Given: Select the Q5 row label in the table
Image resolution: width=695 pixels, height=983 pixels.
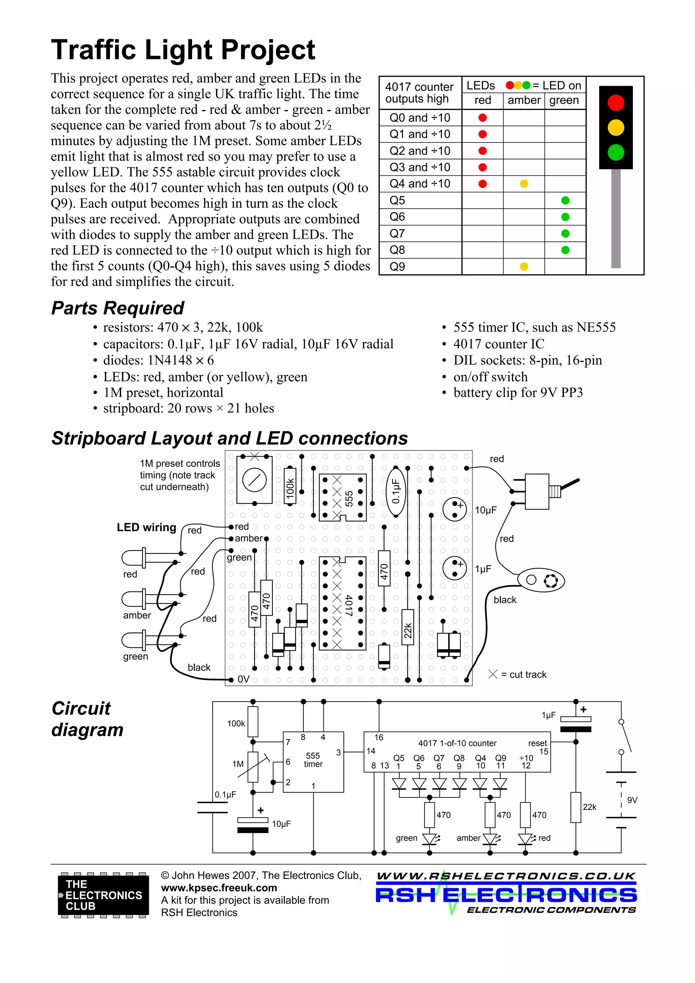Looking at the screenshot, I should click(397, 200).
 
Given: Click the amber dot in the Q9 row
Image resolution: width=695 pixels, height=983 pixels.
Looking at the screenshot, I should click(524, 266).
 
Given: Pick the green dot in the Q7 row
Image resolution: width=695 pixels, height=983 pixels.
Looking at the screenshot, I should click(565, 233).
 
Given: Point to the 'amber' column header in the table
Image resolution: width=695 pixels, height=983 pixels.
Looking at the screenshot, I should click(524, 100).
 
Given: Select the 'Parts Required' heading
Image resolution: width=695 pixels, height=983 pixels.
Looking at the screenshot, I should click(117, 308).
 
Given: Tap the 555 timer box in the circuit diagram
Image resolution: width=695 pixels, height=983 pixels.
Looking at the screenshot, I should click(313, 762).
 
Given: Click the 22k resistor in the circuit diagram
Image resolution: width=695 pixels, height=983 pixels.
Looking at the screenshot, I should click(576, 807).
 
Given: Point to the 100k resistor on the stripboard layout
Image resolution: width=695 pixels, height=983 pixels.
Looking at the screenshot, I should click(290, 486).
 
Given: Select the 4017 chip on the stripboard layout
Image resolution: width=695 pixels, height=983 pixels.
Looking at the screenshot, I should click(342, 603).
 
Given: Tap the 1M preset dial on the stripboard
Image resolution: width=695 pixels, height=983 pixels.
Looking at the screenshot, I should click(255, 480).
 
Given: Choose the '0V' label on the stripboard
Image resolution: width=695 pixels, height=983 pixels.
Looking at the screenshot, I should click(243, 679).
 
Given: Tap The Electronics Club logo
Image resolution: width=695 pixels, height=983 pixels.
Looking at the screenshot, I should click(103, 895).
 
